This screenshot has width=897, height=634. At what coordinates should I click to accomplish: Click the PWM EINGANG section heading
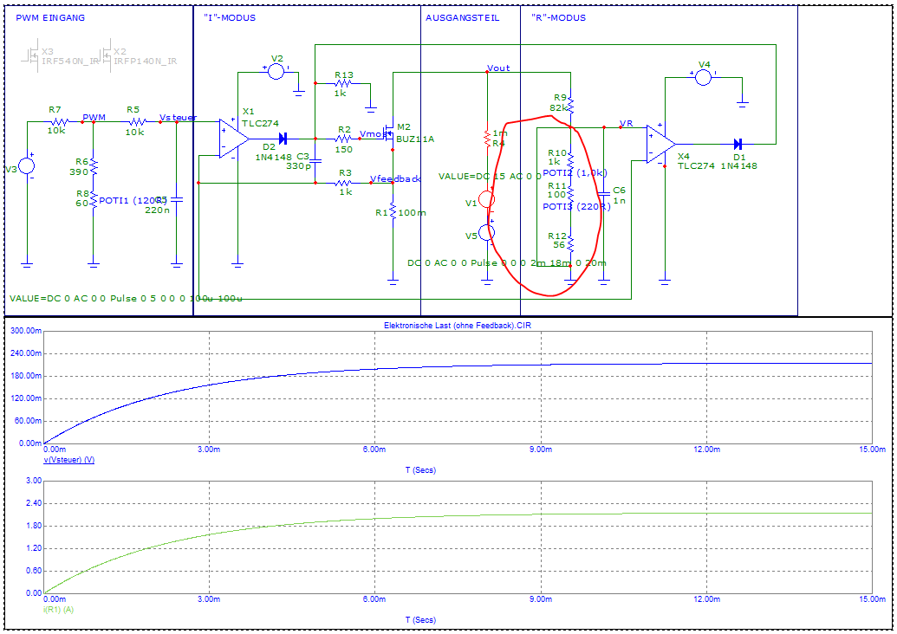pyautogui.click(x=50, y=17)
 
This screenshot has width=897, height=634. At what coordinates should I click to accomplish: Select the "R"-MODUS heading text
pyautogui.click(x=558, y=17)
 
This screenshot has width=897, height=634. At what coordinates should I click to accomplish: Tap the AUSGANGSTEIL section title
pyautogui.click(x=462, y=17)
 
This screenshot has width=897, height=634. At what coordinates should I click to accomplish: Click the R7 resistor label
pyautogui.click(x=55, y=110)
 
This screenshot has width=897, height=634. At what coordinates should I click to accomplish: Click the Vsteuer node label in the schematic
pyautogui.click(x=179, y=117)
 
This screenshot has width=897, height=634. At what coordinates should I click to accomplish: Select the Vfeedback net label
pyautogui.click(x=395, y=178)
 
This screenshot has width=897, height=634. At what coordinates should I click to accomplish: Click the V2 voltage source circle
pyautogui.click(x=276, y=71)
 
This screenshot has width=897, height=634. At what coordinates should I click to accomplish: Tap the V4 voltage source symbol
pyautogui.click(x=704, y=77)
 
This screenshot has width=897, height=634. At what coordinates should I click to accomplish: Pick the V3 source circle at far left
pyautogui.click(x=27, y=167)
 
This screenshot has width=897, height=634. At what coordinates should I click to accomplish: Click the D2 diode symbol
pyautogui.click(x=283, y=139)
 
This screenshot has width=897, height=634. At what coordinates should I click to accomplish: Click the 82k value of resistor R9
pyautogui.click(x=557, y=107)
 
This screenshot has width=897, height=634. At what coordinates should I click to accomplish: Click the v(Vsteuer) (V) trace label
pyautogui.click(x=68, y=460)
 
